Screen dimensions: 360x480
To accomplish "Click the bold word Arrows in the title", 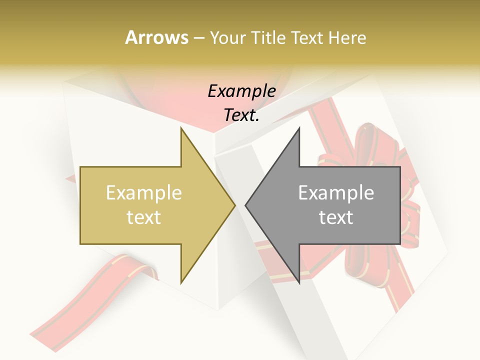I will point(157,37).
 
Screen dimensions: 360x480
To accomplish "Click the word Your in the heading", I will point(228,37).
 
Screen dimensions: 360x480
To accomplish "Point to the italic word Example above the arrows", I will point(241,91).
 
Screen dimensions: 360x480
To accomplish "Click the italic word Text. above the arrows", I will point(241,115).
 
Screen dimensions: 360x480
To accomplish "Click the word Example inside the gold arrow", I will point(144,193).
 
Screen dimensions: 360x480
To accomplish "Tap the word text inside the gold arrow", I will point(144,217).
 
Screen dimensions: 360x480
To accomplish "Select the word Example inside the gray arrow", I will point(336,193).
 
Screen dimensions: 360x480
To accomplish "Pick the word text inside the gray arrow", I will point(336,217).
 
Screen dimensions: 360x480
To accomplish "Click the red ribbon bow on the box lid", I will point(370,150).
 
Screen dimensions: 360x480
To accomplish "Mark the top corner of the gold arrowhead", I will point(181,128).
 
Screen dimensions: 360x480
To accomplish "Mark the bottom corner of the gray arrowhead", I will point(299,283).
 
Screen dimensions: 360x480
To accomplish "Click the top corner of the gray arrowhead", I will point(299,128).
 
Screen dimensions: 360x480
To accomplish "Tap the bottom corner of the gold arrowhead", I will point(181,283).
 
